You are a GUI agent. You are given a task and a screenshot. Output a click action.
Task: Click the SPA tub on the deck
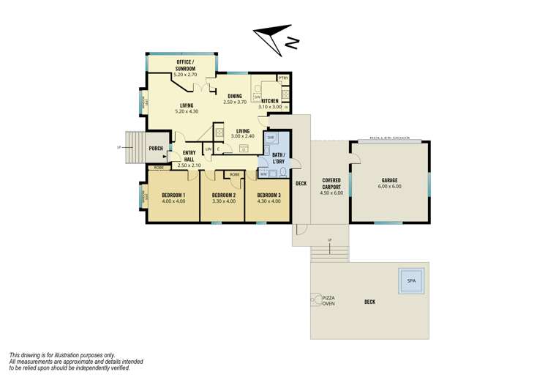(413, 281)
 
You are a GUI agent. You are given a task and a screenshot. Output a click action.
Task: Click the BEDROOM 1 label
(173, 195)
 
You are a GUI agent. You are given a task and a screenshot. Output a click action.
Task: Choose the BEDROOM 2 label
(222, 195)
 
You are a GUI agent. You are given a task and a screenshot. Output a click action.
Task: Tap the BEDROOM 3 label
(269, 195)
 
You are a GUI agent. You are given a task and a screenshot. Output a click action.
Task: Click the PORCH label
(156, 149)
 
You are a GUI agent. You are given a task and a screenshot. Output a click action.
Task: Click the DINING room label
(234, 96)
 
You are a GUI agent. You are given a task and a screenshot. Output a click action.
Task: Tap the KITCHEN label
(270, 101)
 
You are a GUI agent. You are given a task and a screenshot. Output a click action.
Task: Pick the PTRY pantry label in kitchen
(283, 78)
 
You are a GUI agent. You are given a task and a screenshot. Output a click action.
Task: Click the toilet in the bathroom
(283, 173)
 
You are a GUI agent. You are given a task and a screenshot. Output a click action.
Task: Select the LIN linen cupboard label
(208, 149)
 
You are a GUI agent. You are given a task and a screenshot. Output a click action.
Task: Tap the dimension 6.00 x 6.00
(391, 186)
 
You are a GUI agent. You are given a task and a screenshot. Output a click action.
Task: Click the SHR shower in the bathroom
(270, 138)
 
